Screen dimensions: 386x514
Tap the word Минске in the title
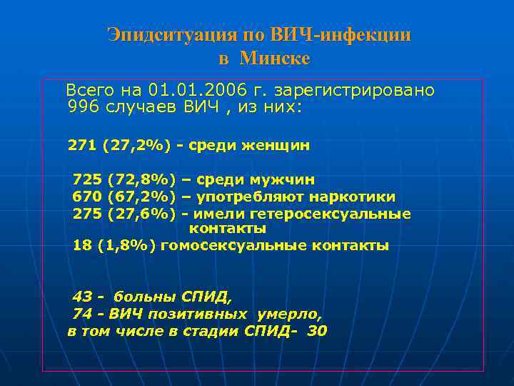point(275,58)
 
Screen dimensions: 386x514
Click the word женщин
point(276,146)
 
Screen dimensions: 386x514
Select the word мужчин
point(281,180)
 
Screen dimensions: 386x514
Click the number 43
point(83,296)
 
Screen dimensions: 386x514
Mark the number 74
point(82,313)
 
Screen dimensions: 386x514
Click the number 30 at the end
point(317,331)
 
